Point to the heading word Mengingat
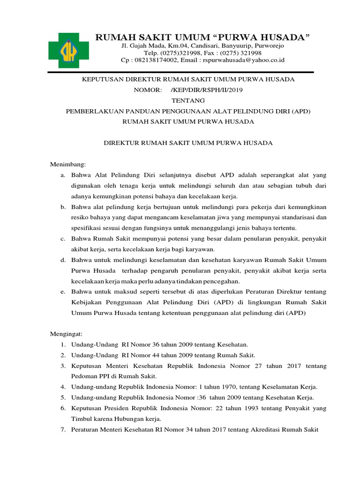pos(66,334)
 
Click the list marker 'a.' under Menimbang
pos(62,175)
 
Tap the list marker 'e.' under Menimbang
pos(62,292)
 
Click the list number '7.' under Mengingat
pos(62,429)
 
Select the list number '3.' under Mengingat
pos(62,366)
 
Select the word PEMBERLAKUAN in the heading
pos(96,111)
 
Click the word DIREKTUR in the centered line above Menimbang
pos(123,143)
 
